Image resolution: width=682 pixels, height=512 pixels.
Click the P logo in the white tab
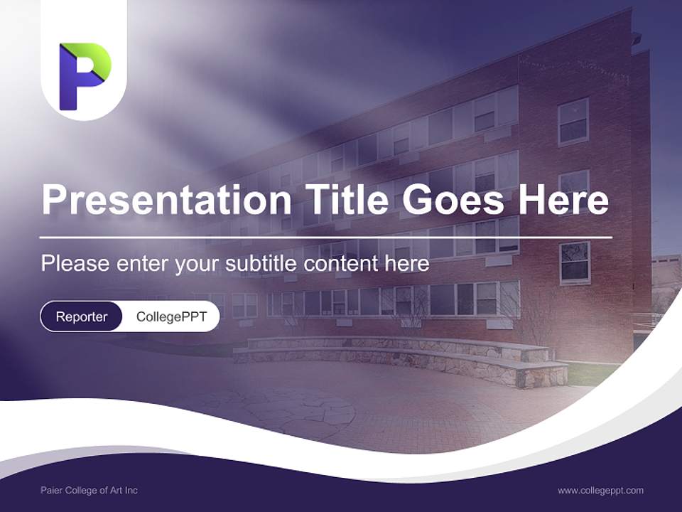pos(85,76)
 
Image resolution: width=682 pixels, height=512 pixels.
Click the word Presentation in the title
pos(166,199)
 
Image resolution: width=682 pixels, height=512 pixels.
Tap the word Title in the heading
pos(347,198)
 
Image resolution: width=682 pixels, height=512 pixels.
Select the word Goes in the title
pos(453,199)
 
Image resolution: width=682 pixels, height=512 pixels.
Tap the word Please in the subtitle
pos(75,263)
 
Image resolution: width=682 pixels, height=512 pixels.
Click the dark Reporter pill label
pos(81,316)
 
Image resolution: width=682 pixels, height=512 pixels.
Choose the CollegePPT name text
pos(171,316)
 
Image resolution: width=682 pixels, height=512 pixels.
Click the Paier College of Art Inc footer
pos(90,490)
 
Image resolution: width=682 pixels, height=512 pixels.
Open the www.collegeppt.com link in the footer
pos(600,491)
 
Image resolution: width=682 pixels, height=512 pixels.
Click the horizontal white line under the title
pos(326,238)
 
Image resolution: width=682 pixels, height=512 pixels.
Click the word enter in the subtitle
pos(142,264)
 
